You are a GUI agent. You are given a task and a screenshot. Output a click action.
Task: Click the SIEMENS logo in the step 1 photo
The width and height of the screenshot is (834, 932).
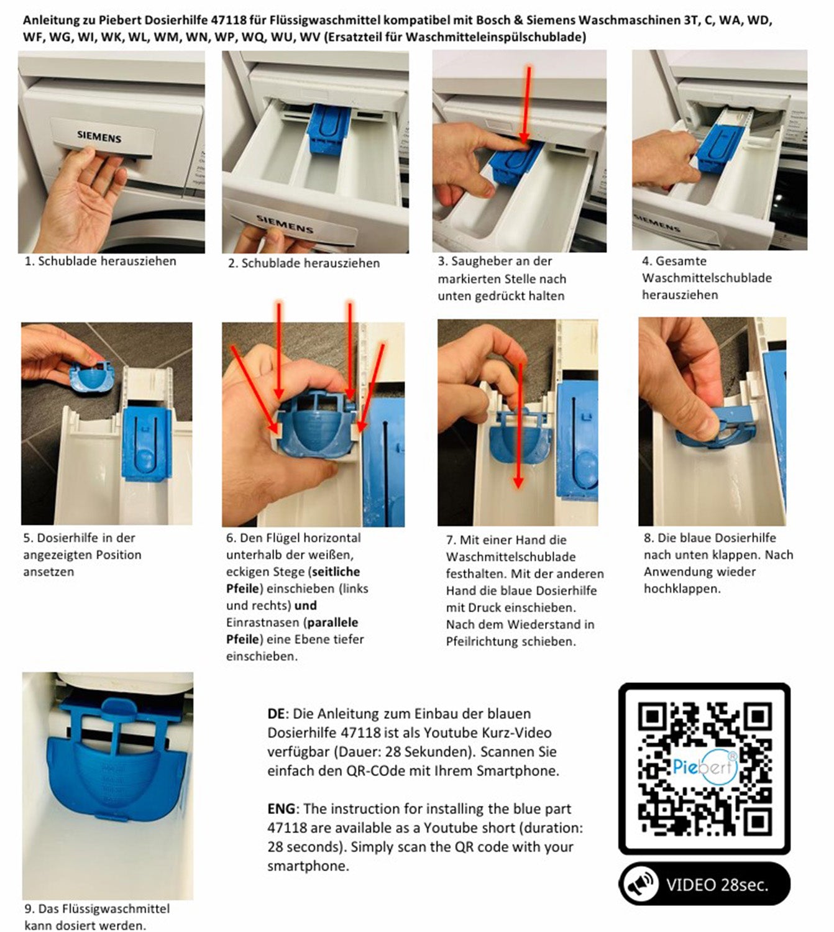(x=99, y=137)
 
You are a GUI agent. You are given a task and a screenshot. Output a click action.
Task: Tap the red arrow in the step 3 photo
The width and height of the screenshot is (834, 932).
(x=526, y=105)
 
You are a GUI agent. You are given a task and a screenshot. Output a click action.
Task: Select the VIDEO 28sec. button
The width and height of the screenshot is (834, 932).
(x=704, y=884)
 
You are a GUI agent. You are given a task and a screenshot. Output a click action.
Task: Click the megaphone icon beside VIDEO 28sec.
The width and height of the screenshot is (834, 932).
(x=640, y=884)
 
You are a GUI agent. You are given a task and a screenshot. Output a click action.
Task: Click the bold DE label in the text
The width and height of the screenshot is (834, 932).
(x=275, y=713)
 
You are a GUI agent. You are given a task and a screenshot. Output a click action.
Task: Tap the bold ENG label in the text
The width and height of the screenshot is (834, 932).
(x=282, y=809)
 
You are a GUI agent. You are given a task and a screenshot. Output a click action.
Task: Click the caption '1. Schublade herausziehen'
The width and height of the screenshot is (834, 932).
(x=100, y=262)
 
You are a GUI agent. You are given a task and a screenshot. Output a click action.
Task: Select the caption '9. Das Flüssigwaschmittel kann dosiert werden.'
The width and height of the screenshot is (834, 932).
(x=97, y=917)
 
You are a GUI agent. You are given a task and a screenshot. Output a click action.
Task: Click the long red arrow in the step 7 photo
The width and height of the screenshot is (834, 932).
(x=519, y=426)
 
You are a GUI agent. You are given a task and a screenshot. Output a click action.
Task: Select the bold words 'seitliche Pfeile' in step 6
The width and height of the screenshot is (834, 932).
(x=293, y=580)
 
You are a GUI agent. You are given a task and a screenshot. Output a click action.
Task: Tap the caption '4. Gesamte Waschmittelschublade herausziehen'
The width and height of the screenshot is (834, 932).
(x=707, y=278)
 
